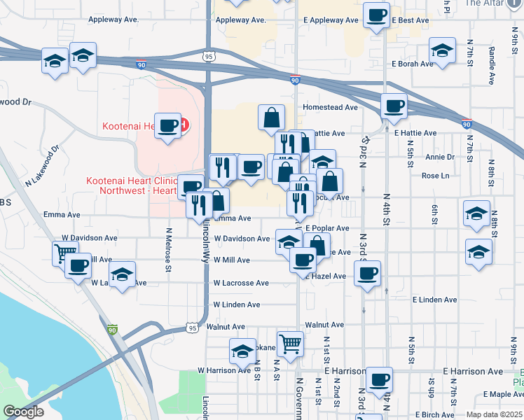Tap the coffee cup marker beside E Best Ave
tap(376, 16)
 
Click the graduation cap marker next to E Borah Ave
tap(442, 51)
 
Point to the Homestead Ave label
tap(330, 108)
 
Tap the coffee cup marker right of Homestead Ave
tap(394, 106)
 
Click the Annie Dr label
tap(440, 157)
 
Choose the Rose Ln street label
tap(435, 176)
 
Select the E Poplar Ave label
tap(327, 228)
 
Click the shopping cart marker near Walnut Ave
tap(290, 344)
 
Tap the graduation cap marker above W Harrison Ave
tap(242, 351)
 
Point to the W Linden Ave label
tap(237, 305)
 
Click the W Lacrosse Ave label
tap(241, 283)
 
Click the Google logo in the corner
tap(23, 411)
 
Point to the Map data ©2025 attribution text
tap(494, 414)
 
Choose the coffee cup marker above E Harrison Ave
tap(379, 380)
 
